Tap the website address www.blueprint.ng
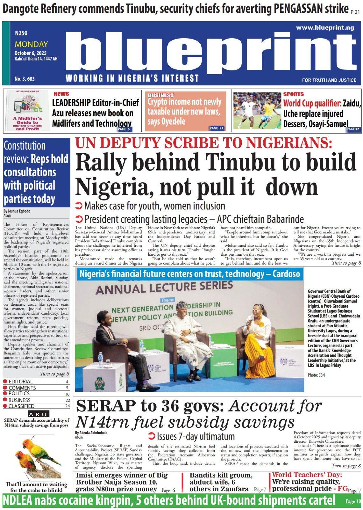325,28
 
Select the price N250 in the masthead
21,33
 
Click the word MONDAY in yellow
31,44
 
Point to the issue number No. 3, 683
25,78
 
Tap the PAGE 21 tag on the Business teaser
217,128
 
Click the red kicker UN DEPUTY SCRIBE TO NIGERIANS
204,143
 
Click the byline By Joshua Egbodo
17,211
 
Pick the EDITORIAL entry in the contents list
21,382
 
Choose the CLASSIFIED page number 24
67,406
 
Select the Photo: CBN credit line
316,375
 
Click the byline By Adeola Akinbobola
91,433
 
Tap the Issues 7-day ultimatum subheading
191,436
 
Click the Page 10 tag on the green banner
353,501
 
